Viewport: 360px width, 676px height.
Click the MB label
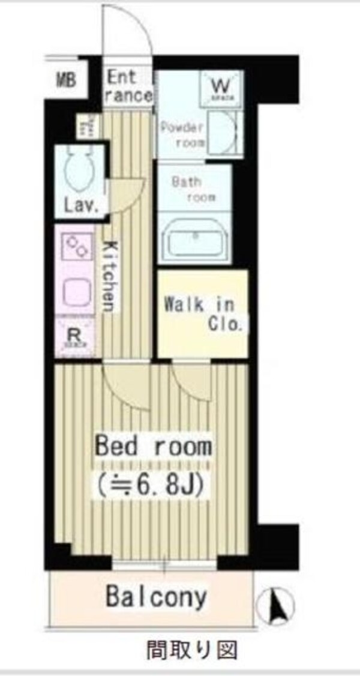(66, 80)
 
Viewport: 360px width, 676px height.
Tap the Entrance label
(130, 86)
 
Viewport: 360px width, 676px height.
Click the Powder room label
(182, 136)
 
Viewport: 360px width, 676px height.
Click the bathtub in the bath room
(195, 240)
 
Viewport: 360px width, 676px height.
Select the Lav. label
(81, 207)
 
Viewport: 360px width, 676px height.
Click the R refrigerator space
(74, 337)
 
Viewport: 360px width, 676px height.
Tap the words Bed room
(154, 446)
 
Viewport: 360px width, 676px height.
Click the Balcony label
(157, 597)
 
